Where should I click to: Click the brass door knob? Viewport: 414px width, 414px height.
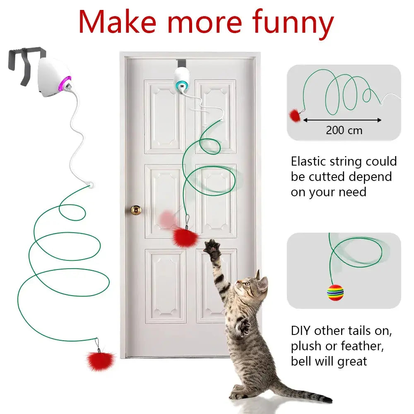pos(136,210)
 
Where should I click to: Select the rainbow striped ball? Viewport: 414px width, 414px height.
pos(335,292)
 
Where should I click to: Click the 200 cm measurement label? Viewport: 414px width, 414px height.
pos(344,130)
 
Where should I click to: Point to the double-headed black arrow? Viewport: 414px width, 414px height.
pos(342,120)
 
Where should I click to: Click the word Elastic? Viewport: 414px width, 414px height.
pos(308,161)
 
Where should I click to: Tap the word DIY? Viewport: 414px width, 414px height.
pos(301,331)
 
